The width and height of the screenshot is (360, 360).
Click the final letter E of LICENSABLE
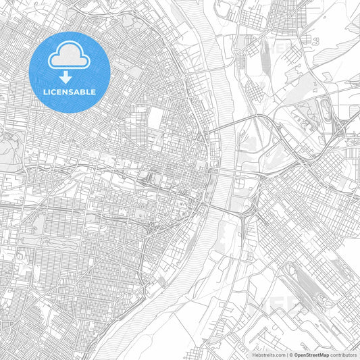(93, 92)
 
